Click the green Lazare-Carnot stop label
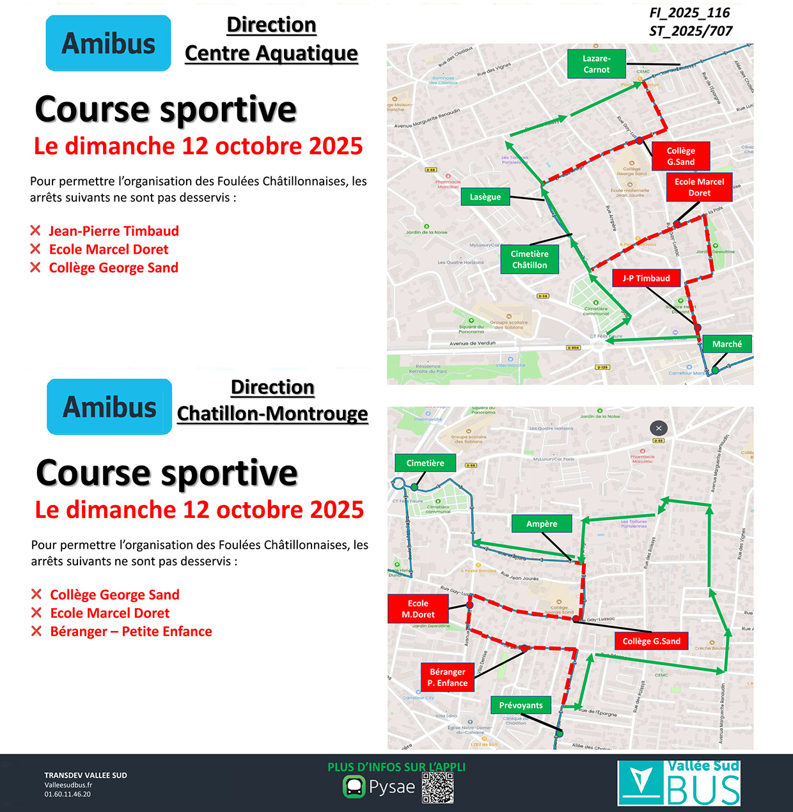[x=596, y=64]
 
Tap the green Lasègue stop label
[x=485, y=197]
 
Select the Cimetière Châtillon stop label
[x=530, y=260]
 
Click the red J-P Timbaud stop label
[x=646, y=278]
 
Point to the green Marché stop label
[x=727, y=344]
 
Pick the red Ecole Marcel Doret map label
[x=699, y=187]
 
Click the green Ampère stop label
[x=542, y=524]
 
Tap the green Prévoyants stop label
[x=521, y=705]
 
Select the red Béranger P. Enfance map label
[x=448, y=678]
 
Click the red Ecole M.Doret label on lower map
[x=418, y=609]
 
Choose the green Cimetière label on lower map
[x=425, y=463]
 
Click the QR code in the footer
[x=438, y=788]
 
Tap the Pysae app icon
[x=354, y=786]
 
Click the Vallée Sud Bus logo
[x=679, y=783]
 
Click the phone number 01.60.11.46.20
[x=68, y=794]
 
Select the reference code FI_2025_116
[x=689, y=13]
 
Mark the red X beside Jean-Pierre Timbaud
[x=36, y=231]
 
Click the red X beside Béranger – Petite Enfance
[x=37, y=632]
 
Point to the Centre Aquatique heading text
[x=271, y=53]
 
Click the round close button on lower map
[x=659, y=428]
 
